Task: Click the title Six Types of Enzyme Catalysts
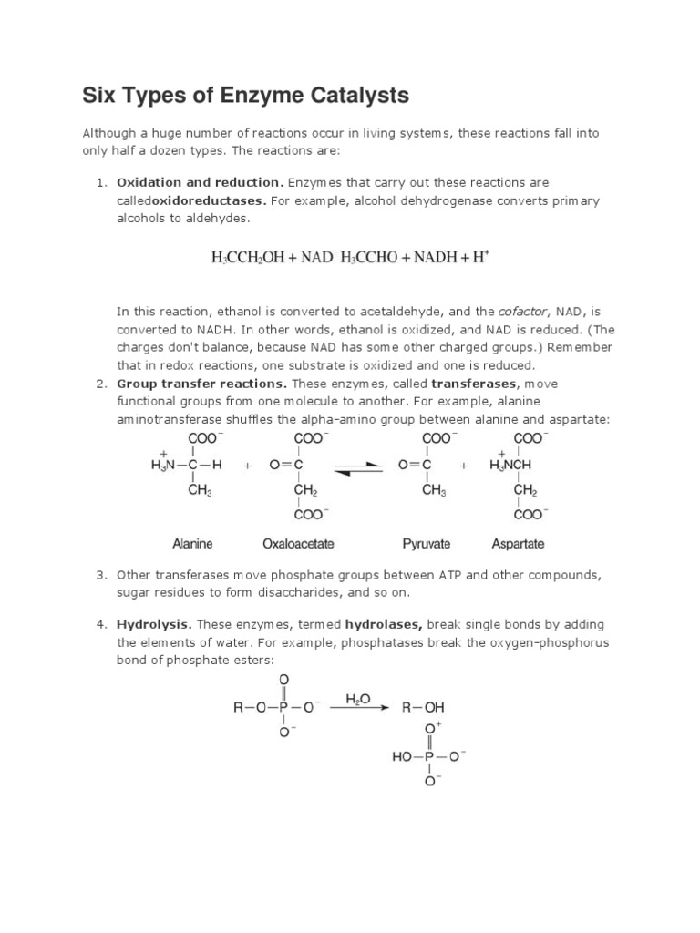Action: pyautogui.click(x=245, y=95)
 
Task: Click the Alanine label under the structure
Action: pyautogui.click(x=192, y=544)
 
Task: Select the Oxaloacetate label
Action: pyautogui.click(x=298, y=544)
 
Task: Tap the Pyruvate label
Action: pyautogui.click(x=427, y=544)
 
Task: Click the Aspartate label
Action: pyautogui.click(x=518, y=544)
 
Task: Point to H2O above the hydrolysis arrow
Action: pyautogui.click(x=358, y=700)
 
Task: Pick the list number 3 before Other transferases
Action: pyautogui.click(x=102, y=575)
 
